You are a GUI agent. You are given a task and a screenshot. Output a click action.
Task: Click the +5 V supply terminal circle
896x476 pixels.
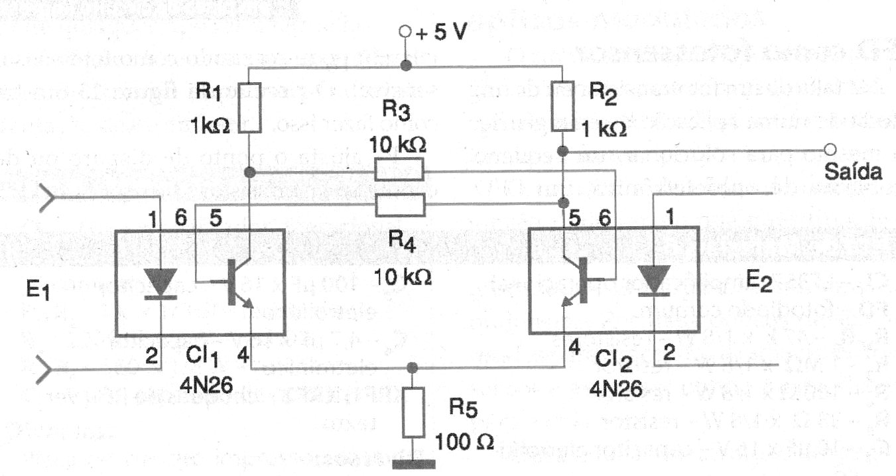tap(405, 31)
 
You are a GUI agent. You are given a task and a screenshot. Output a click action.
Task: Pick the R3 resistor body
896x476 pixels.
tap(399, 170)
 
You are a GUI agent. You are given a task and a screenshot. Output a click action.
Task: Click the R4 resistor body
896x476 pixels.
tap(399, 205)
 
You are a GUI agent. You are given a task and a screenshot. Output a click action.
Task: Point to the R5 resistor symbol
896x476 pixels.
tap(413, 413)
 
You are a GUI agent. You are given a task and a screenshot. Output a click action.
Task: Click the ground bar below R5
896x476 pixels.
tap(413, 463)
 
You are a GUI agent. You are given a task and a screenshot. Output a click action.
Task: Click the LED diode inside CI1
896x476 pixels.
tap(160, 283)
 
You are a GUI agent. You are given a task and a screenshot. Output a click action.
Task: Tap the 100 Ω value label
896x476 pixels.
tap(464, 441)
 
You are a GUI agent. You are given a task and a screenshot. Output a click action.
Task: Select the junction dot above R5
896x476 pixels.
tap(413, 367)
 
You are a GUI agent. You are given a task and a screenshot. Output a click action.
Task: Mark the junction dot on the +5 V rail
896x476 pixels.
tap(405, 66)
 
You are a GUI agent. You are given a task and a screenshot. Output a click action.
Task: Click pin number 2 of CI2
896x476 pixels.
tap(669, 353)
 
